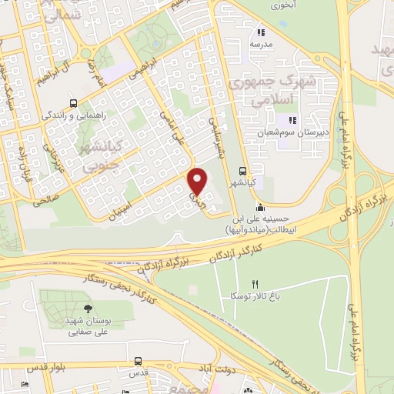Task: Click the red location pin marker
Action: (x=198, y=182)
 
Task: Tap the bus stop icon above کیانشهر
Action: (x=243, y=171)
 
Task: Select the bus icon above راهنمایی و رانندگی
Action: (x=73, y=104)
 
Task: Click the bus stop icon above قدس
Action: (x=138, y=360)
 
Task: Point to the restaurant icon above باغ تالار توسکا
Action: (x=245, y=284)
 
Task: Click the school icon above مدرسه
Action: (x=261, y=33)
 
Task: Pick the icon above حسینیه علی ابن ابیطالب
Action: (x=261, y=207)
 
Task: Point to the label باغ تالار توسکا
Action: (x=239, y=296)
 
